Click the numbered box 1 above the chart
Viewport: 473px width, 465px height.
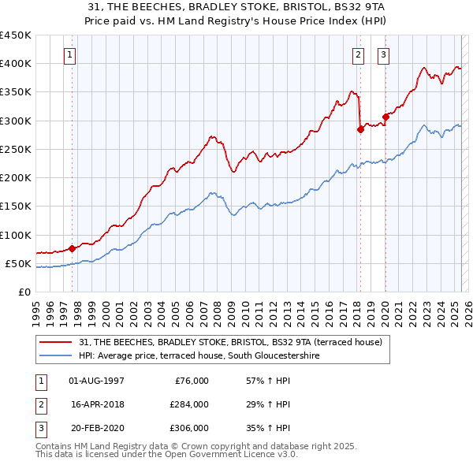[x=71, y=55]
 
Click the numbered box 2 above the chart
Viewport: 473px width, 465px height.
[x=358, y=55]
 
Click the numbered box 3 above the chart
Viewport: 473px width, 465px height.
[x=383, y=55]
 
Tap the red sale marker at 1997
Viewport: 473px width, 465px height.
[x=72, y=248]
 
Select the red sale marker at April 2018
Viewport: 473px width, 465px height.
[x=360, y=130]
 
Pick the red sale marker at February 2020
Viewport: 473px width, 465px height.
[x=385, y=117]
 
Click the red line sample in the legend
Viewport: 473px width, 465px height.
[x=55, y=342]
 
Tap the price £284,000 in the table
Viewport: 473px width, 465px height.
[x=189, y=404]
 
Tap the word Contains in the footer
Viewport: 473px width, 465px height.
[x=54, y=446]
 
